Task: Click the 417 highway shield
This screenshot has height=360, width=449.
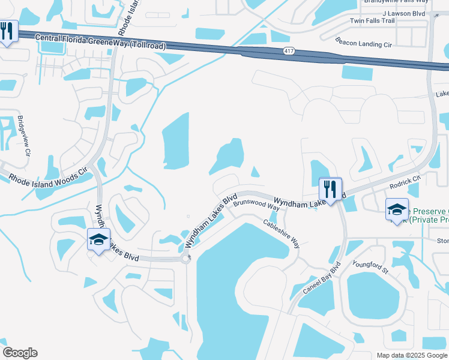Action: [x=289, y=52]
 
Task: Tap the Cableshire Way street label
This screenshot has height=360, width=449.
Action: [x=282, y=233]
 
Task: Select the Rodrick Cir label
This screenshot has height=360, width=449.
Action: [x=405, y=182]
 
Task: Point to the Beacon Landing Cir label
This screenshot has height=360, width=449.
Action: [x=363, y=44]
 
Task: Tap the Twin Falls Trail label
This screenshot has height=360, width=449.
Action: [x=372, y=21]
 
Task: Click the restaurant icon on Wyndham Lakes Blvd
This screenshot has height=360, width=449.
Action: [x=330, y=189]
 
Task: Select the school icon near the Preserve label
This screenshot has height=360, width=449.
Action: [x=397, y=209]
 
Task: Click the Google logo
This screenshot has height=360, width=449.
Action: [x=20, y=353]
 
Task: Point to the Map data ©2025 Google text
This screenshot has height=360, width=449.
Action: [x=412, y=355]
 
